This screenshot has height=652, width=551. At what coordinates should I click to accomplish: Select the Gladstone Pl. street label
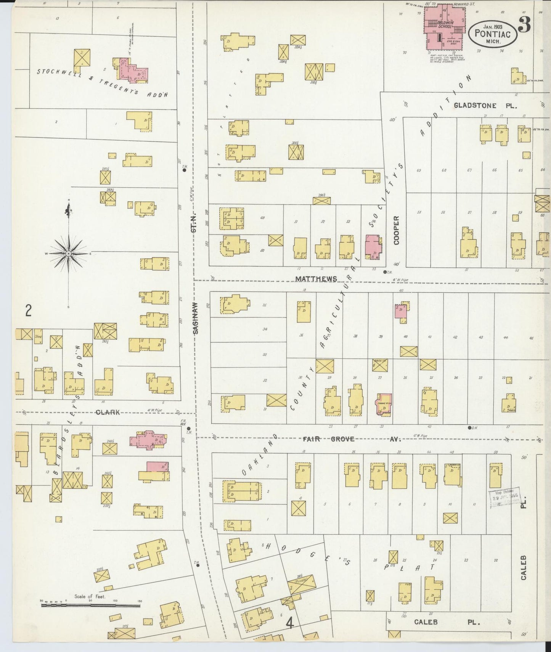click(x=485, y=106)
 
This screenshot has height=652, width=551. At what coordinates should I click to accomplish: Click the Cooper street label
click(x=397, y=230)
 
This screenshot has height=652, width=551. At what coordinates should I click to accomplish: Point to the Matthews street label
click(x=316, y=279)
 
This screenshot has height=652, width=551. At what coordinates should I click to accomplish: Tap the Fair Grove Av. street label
click(x=351, y=439)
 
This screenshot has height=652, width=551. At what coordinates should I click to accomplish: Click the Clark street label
click(x=108, y=412)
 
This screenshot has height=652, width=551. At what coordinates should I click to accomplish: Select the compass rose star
click(x=68, y=253)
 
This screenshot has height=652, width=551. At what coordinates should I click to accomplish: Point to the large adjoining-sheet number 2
click(x=28, y=312)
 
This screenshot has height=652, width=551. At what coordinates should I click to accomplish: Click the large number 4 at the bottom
click(x=290, y=623)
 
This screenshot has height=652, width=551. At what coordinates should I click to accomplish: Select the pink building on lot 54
click(x=373, y=247)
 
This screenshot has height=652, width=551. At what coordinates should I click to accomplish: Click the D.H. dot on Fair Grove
click(x=470, y=427)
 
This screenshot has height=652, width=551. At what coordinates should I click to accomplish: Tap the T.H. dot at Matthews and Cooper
click(x=385, y=272)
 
